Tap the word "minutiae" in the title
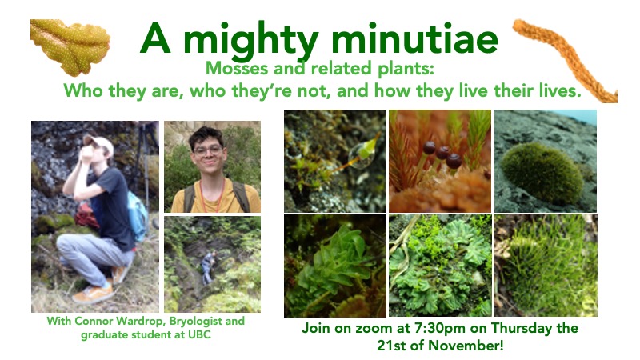(414, 38)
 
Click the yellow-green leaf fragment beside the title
(70, 47)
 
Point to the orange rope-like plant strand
(566, 61)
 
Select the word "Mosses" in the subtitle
(237, 68)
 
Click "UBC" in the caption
(199, 335)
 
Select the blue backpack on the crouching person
(138, 215)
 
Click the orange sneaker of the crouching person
(94, 293)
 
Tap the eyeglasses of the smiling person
(208, 150)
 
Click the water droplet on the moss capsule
(358, 155)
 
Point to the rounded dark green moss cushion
(542, 174)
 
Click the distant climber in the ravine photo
(208, 267)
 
